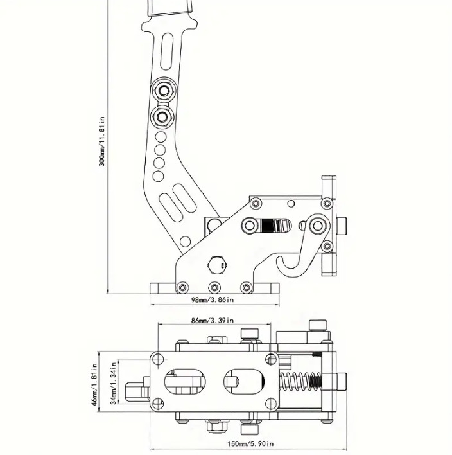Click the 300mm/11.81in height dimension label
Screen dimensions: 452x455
tap(102, 141)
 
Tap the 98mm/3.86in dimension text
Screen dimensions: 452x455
tap(213, 299)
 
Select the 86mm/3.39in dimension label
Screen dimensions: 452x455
tap(213, 321)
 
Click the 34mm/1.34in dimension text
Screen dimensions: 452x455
tap(114, 382)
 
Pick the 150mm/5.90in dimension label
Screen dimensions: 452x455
tap(250, 443)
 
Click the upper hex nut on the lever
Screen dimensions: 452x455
tap(164, 90)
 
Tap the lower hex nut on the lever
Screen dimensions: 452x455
tap(162, 117)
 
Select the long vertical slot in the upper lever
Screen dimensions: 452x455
tap(167, 51)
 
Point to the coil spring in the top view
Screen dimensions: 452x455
tap(300, 382)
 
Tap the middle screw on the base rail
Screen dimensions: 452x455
tap(214, 287)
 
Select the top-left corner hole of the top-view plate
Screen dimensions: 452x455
tap(158, 359)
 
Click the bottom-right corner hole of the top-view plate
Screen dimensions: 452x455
tap(271, 404)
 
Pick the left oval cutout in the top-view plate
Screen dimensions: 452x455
tap(185, 382)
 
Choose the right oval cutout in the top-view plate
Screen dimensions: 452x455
tap(244, 382)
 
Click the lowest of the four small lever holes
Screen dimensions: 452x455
tap(158, 176)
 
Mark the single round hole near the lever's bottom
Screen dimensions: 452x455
tap(185, 242)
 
